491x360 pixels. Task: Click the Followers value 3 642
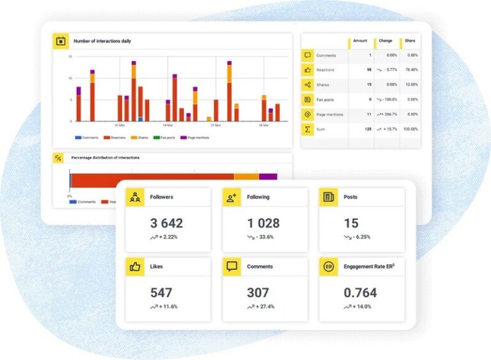(x=166, y=223)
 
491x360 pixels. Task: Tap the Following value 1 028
(x=263, y=223)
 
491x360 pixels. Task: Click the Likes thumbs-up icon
(x=135, y=267)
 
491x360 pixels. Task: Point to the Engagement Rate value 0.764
(x=360, y=293)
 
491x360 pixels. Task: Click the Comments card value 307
(x=258, y=293)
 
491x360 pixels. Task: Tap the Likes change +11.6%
(x=164, y=307)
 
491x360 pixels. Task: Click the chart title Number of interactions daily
(x=102, y=41)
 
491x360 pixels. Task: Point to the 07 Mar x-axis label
(x=120, y=125)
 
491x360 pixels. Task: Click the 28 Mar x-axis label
(x=263, y=125)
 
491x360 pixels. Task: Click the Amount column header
(x=361, y=41)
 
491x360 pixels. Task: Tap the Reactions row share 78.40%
(x=410, y=70)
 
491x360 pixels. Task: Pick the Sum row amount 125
(x=367, y=129)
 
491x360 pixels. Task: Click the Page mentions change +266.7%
(x=386, y=114)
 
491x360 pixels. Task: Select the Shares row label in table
(x=323, y=85)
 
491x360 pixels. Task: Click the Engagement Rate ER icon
(x=328, y=267)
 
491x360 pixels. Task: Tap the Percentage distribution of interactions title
(x=105, y=157)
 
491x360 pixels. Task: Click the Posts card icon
(x=328, y=197)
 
